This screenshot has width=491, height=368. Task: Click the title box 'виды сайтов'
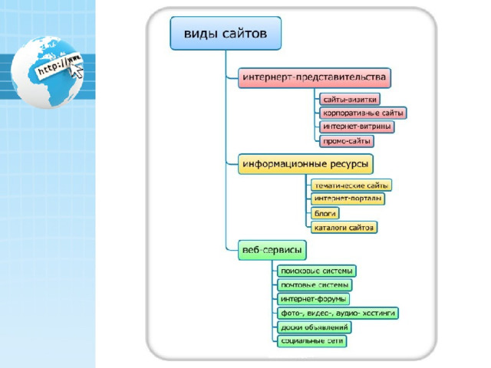tap(226, 34)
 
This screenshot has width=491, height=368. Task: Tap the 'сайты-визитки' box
tap(349, 100)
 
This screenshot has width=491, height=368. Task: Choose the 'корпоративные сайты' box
tap(363, 113)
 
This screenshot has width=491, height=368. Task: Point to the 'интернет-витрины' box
tap(357, 127)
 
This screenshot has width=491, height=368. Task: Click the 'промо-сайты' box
tap(348, 141)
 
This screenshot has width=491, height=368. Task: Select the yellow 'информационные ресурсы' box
tap(305, 164)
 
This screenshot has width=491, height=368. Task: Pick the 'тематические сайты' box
tap(351, 186)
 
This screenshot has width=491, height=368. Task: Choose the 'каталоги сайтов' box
tap(344, 227)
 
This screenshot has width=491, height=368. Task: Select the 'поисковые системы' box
tap(317, 271)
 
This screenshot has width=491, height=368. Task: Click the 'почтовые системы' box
tap(315, 285)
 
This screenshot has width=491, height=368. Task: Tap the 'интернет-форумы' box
tap(313, 299)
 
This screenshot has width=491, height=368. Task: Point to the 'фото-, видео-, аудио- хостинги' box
tap(338, 313)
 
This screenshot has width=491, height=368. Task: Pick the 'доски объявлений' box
tap(315, 327)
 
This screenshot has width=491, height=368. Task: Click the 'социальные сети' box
tap(311, 341)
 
